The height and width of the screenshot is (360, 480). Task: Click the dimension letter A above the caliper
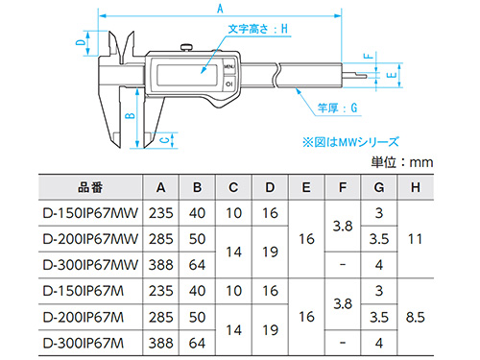point(220,9)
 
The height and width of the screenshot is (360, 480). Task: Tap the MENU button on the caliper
point(229,67)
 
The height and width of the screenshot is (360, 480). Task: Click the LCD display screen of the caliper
point(187,74)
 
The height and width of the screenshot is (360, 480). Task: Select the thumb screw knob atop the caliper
point(186,47)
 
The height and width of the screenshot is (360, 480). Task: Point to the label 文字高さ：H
point(258,29)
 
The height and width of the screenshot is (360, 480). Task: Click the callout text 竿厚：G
point(337,108)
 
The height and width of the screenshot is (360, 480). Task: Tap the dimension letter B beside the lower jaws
point(130,115)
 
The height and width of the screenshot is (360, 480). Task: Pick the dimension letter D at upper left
point(82,42)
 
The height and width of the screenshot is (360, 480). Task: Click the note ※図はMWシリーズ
point(350,142)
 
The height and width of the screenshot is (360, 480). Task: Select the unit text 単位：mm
point(402,162)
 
